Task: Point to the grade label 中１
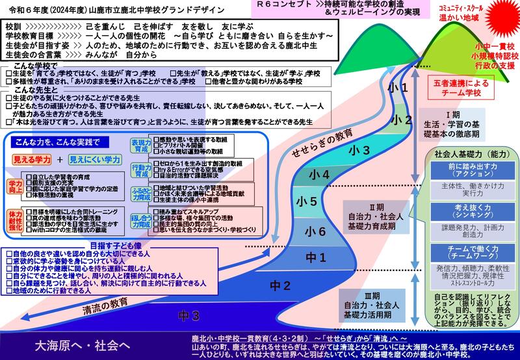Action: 317,258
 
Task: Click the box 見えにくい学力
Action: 96,159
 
